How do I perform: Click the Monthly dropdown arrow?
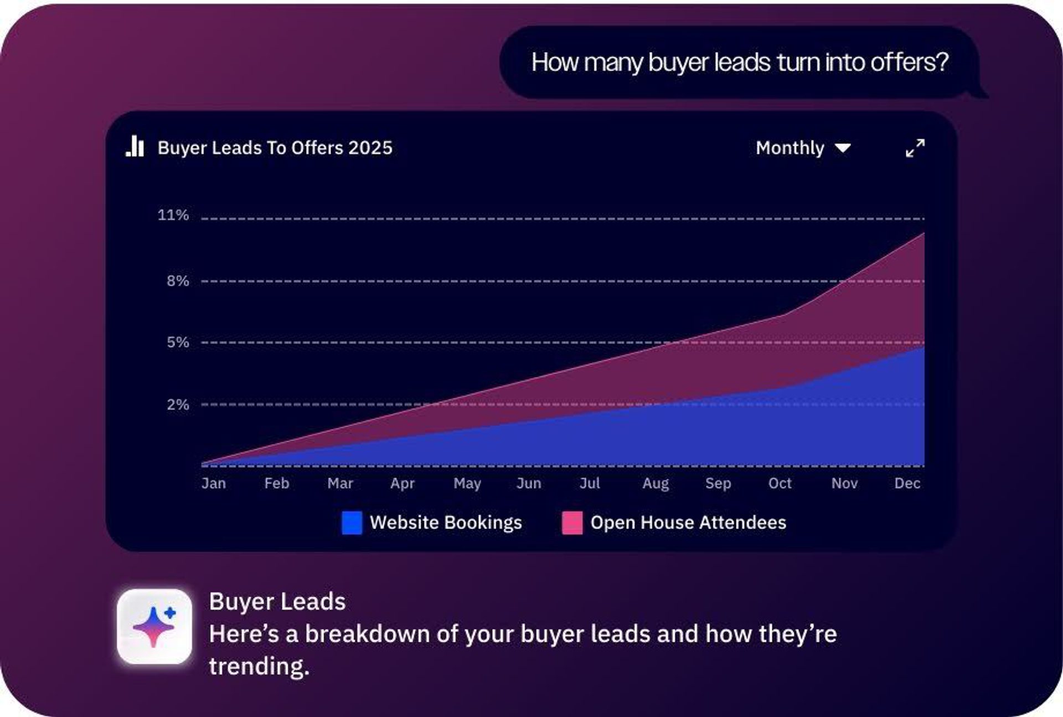point(843,148)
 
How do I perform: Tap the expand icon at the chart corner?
point(915,148)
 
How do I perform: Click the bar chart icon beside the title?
point(135,147)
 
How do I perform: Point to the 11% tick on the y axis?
point(173,215)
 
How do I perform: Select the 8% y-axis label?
point(178,281)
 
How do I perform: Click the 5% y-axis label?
point(178,342)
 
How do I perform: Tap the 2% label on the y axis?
point(178,404)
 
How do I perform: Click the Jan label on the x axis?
point(214,483)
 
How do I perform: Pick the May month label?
point(467,483)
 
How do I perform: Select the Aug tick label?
point(656,483)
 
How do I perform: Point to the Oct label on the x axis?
point(780,483)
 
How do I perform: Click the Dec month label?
point(907,483)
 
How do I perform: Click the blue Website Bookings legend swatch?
point(352,523)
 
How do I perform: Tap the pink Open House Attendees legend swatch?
point(572,523)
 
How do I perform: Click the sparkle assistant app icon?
point(154,627)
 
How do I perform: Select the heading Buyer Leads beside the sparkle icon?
point(277,602)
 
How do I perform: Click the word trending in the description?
point(259,666)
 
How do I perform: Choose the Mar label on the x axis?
point(340,483)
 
